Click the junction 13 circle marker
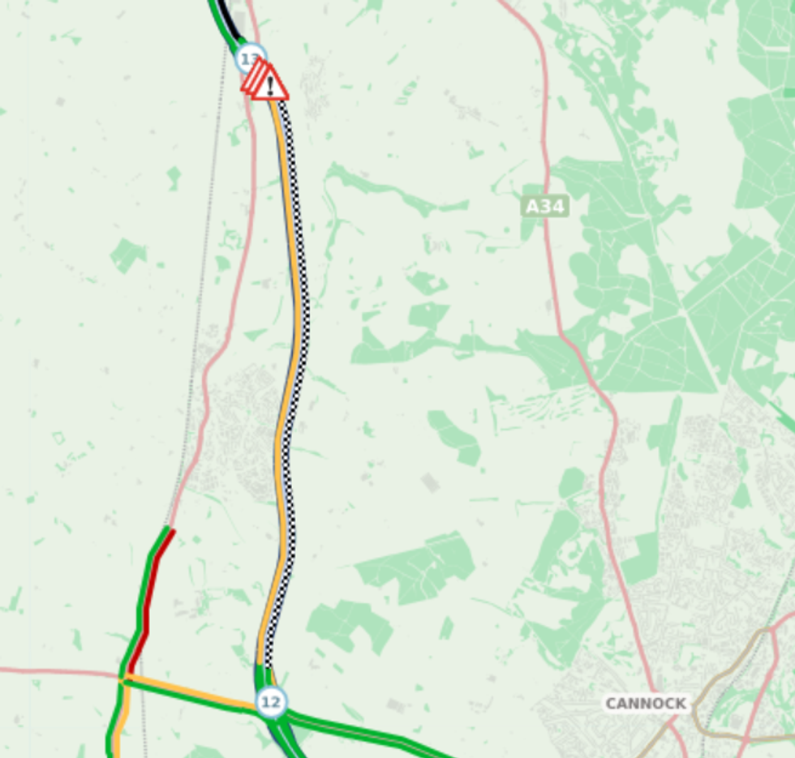(x=251, y=58)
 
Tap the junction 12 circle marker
(x=271, y=702)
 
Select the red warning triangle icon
(x=270, y=84)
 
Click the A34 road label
(x=544, y=207)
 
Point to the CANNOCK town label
(x=646, y=703)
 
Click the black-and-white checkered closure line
(x=302, y=324)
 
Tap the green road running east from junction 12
(x=365, y=730)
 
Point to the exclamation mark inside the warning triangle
(x=270, y=86)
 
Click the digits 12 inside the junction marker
(x=271, y=702)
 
